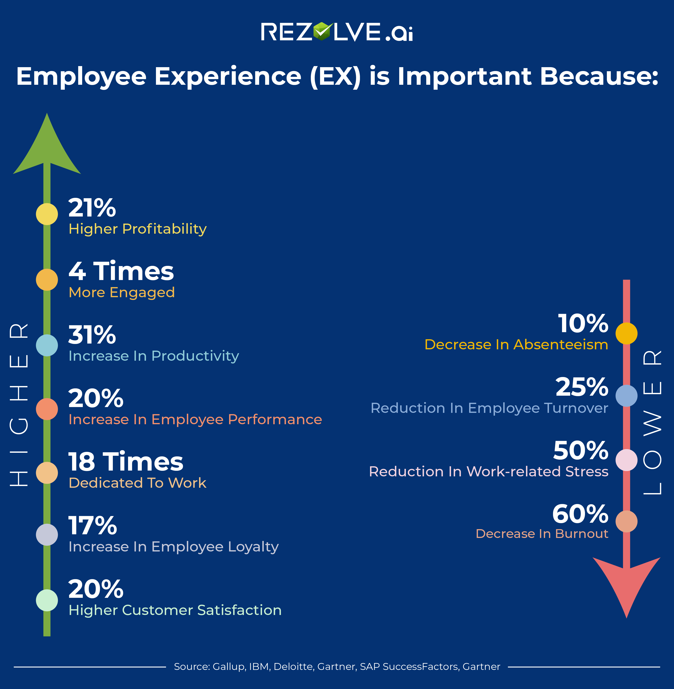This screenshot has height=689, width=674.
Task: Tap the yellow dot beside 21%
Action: tap(47, 214)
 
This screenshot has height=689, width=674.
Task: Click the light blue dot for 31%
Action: tap(47, 345)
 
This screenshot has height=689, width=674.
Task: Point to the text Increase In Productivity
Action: tap(154, 356)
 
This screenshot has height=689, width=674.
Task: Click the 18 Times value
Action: tap(126, 462)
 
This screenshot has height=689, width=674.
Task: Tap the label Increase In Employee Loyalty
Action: tap(174, 547)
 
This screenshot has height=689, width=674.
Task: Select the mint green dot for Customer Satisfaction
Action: tap(47, 600)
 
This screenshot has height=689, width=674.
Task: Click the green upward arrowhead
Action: tap(47, 149)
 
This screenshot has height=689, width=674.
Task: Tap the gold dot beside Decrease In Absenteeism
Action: tap(626, 333)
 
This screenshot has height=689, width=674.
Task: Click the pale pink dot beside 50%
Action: tap(626, 460)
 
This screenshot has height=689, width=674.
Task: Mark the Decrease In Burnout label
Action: tap(542, 534)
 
